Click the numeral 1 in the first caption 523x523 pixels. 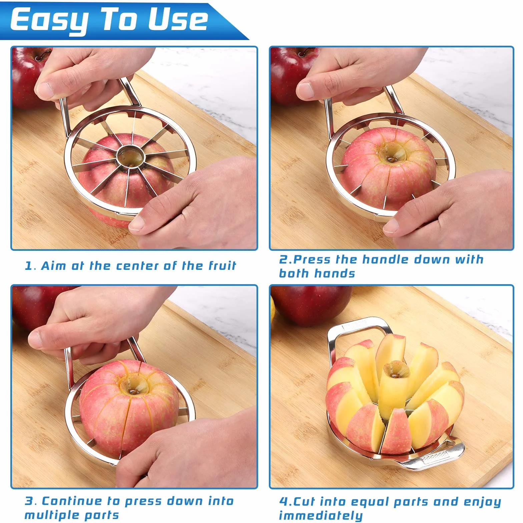click(x=29, y=266)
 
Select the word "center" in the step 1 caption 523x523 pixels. click(x=137, y=266)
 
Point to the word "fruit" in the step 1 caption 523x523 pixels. click(x=222, y=266)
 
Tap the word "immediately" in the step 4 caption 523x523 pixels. click(x=321, y=515)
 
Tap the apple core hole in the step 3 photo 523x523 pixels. click(x=134, y=387)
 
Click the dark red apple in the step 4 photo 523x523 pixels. click(x=312, y=305)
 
